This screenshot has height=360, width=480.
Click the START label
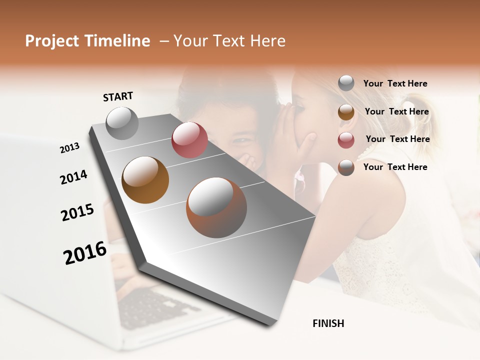click(x=118, y=96)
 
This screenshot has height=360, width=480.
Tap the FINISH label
click(x=328, y=323)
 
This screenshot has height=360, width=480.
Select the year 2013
click(x=69, y=148)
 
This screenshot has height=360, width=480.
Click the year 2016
click(x=85, y=253)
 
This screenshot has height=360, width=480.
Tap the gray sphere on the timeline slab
click(x=122, y=123)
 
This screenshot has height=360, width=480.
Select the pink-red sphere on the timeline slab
click(x=189, y=140)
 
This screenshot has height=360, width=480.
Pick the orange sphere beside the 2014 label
click(x=145, y=180)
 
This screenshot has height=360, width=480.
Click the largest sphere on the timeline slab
click(x=216, y=207)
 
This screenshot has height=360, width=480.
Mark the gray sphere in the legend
click(x=346, y=83)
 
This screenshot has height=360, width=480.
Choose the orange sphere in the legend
click(x=346, y=111)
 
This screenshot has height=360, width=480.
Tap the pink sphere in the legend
click(x=346, y=139)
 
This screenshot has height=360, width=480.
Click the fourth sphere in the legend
click(x=346, y=167)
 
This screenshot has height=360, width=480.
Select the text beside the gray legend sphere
click(x=395, y=84)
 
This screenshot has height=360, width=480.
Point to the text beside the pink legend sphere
click(x=397, y=139)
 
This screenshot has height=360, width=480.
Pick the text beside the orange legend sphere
click(x=396, y=111)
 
